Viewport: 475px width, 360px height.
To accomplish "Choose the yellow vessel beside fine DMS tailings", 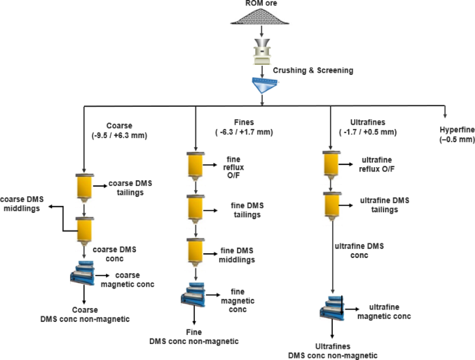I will click(x=196, y=207).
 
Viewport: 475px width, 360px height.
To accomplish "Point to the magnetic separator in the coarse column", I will click(x=85, y=277).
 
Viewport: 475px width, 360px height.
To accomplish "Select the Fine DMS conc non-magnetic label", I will click(x=194, y=336).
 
